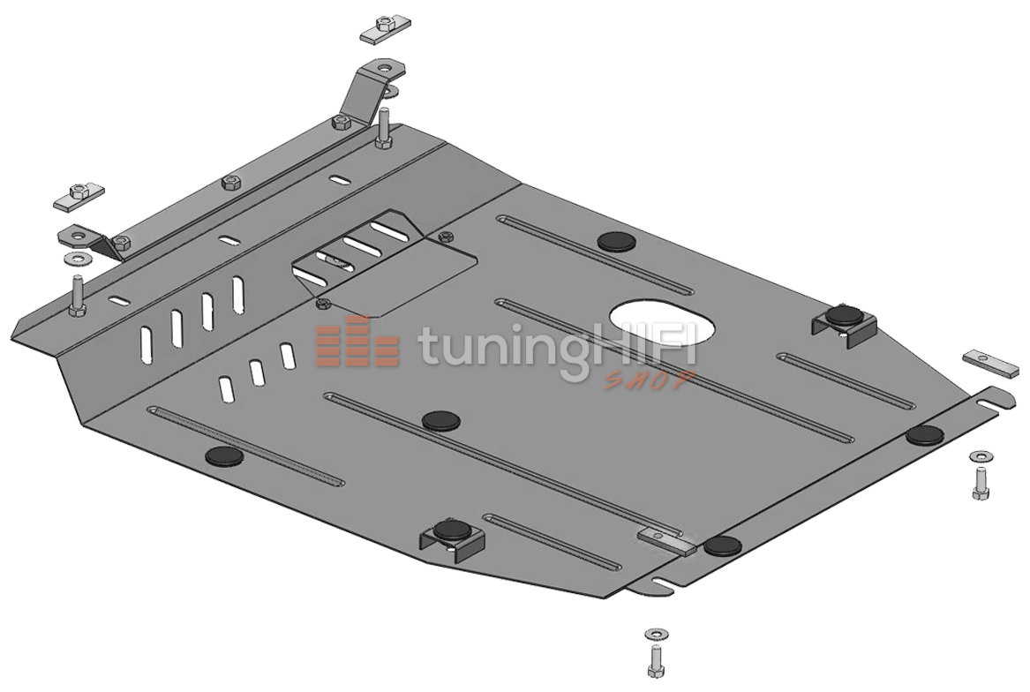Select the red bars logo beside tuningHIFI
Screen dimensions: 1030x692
coord(357,341)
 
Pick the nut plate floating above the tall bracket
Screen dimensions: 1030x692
coord(385,30)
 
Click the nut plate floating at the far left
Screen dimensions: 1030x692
coord(79,196)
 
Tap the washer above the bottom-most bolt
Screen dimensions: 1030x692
coord(656,634)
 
